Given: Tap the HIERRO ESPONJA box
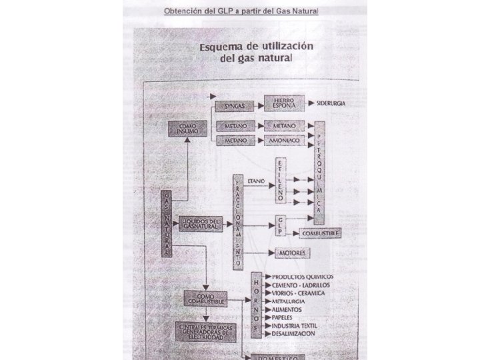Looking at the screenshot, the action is (284, 104).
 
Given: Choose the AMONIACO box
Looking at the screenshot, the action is (285, 141).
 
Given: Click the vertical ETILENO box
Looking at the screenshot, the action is (280, 181).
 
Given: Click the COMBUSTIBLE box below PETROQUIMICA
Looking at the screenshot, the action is (321, 234).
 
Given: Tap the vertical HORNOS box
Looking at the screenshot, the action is (256, 305).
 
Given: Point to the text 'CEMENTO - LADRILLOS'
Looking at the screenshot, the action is (301, 285).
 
